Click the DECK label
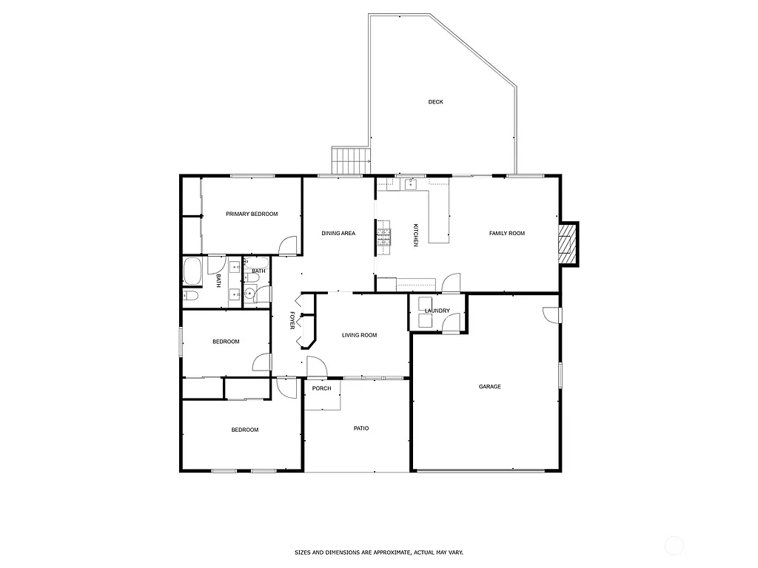pos(435,102)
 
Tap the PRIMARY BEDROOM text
pos(252,214)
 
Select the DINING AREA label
pos(338,233)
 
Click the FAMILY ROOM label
pos(506,233)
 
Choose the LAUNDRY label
pos(437,311)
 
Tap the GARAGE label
pos(489,387)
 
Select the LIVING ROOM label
pos(359,335)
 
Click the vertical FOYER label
pos(292,320)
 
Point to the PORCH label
pos(321,388)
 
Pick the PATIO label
pos(360,428)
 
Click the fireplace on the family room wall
pos(568,243)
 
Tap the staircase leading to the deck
pos(351,159)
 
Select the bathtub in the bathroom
pos(192,271)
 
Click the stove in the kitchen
pos(383,237)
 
